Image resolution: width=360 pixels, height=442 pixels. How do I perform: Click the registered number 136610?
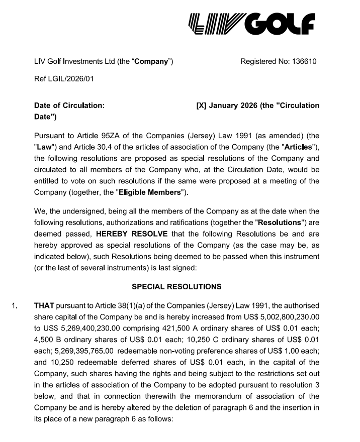303,62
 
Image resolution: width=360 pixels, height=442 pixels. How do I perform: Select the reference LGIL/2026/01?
70,79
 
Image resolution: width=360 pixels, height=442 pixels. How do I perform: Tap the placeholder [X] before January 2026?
201,105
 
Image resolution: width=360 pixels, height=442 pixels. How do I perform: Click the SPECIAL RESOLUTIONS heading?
176,287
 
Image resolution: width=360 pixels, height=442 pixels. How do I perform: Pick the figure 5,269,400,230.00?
84,327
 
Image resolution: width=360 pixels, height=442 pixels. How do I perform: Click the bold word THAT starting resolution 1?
44,305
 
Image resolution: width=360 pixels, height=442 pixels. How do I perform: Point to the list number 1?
14,305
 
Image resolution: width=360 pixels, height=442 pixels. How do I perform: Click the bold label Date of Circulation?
69,105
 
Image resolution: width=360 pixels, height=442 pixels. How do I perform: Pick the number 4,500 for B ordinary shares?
44,339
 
